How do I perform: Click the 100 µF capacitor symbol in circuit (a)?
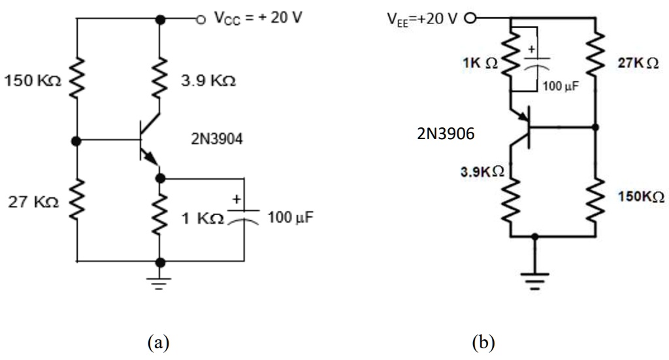tap(243, 215)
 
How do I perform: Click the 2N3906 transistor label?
tap(444, 134)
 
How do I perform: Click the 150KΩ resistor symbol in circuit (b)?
tap(596, 197)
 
